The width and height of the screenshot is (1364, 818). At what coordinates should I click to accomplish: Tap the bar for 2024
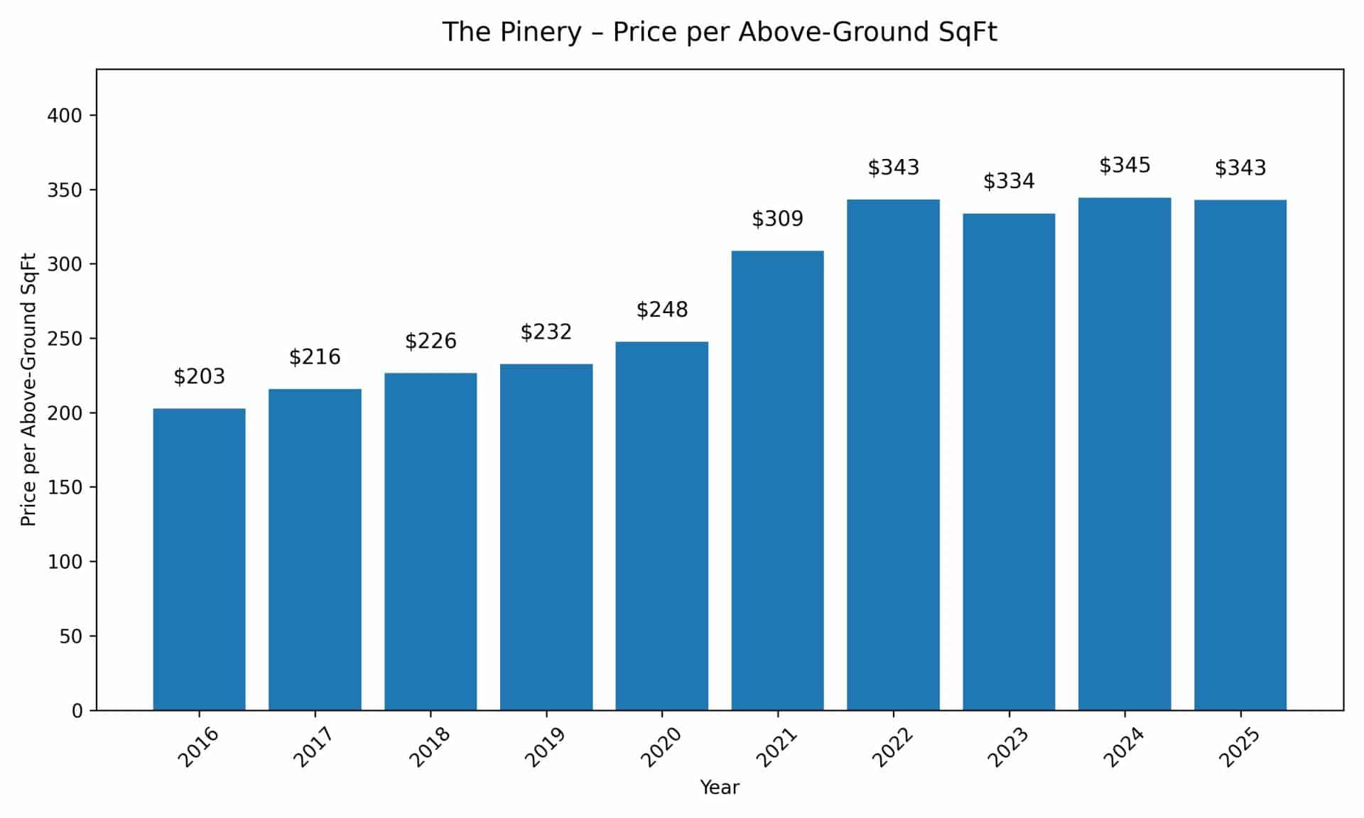click(1125, 454)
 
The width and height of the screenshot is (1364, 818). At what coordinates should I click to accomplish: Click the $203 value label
click(199, 376)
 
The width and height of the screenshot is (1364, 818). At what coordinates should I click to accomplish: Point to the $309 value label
click(777, 219)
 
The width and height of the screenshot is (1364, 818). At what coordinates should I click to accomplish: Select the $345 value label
click(1125, 165)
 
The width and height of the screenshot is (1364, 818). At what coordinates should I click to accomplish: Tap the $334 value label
click(1009, 181)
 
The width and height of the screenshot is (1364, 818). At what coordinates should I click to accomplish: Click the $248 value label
click(661, 310)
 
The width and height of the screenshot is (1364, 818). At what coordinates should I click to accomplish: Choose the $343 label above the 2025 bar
click(1240, 168)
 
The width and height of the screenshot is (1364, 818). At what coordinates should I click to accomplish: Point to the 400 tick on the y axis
click(64, 116)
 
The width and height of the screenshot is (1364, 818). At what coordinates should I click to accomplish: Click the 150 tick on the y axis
click(64, 487)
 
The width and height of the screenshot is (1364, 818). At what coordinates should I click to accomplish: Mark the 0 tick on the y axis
click(77, 711)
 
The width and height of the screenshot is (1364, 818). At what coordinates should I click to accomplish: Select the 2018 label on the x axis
click(429, 746)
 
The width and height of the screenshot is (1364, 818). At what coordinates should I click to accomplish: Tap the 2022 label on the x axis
click(892, 746)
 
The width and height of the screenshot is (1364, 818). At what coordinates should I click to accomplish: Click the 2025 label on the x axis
click(1240, 746)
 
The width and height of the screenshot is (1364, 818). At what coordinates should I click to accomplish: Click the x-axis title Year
click(720, 787)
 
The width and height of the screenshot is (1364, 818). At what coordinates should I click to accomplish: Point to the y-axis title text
click(28, 389)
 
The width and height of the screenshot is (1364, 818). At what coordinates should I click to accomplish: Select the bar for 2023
click(1009, 462)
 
